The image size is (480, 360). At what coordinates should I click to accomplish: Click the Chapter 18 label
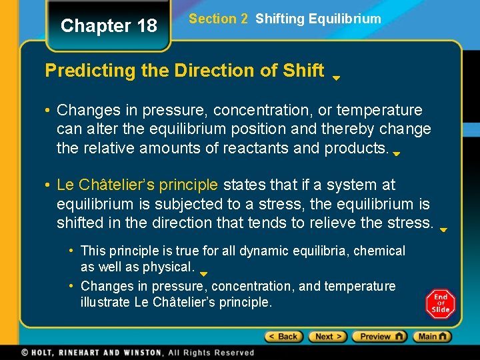pos(109,26)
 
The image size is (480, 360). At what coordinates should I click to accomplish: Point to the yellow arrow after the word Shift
pos(337,77)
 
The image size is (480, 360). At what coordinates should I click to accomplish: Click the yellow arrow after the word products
pos(396,153)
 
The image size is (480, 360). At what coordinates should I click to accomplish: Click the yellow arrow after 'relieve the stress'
pos(443,229)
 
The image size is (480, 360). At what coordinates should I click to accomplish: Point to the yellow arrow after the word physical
pos(204,273)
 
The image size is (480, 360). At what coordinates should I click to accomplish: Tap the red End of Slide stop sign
pos(440,304)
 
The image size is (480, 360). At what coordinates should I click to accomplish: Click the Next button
pos(328,337)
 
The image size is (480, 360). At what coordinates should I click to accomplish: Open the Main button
pos(432,337)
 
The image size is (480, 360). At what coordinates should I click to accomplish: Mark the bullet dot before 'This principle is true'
pos(71,251)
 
